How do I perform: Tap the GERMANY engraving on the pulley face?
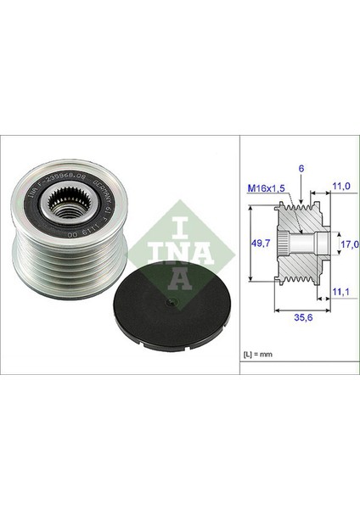pos(104,191)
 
